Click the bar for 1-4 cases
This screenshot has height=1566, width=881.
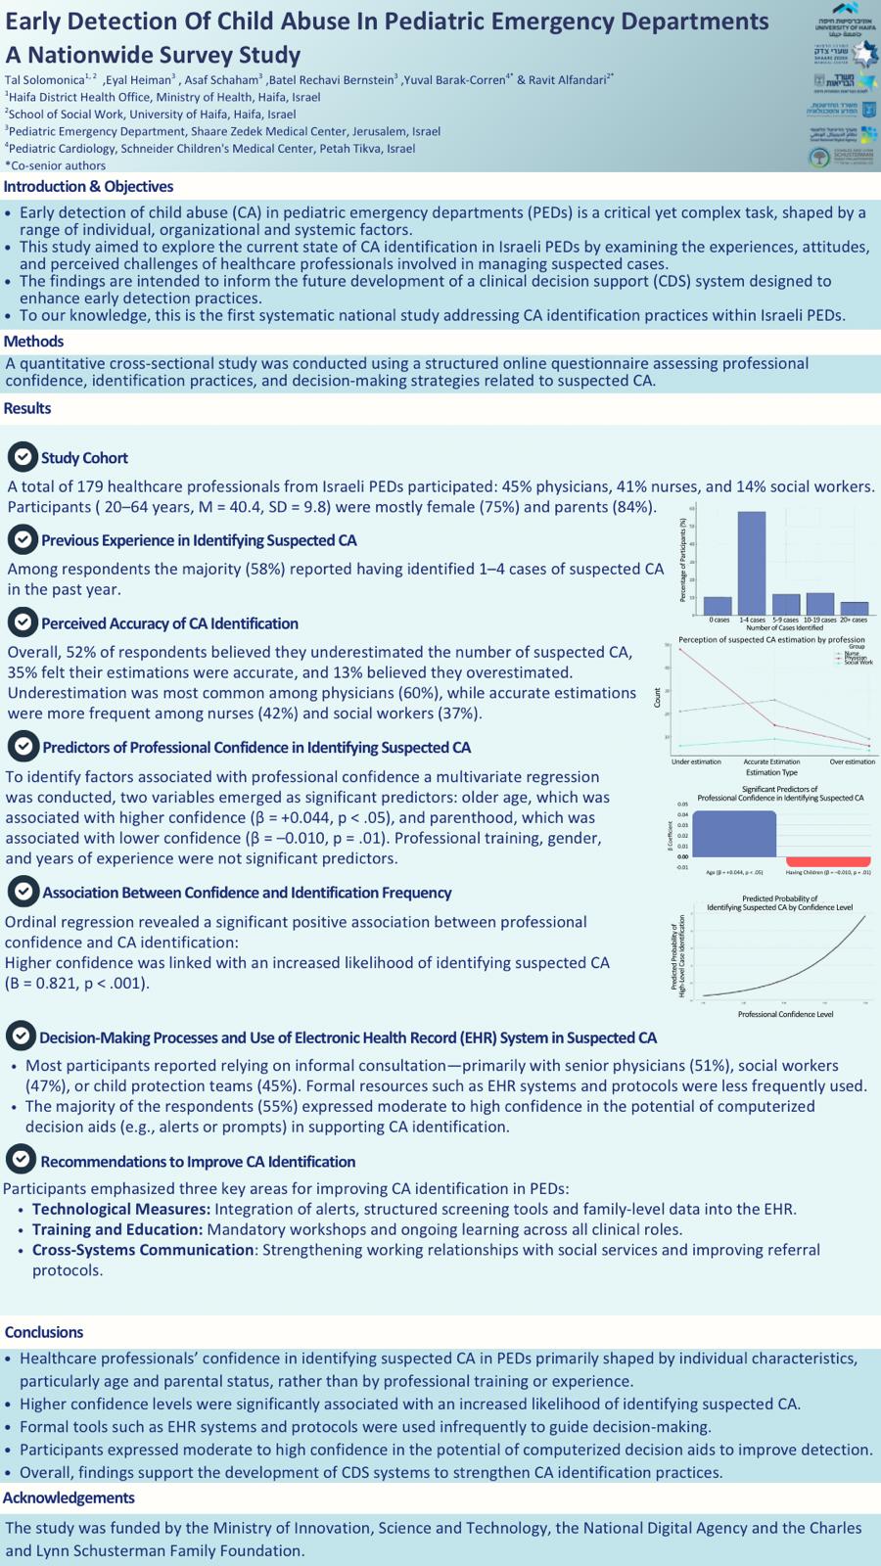point(751,562)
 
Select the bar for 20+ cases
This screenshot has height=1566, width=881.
point(855,608)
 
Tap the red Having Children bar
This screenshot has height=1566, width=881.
point(828,861)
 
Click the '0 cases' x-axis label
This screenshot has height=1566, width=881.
point(719,620)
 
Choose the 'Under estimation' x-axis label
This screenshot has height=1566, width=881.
point(696,761)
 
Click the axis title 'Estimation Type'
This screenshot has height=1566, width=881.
point(771,772)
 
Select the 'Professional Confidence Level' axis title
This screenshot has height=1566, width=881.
point(785,1014)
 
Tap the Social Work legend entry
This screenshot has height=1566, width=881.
point(858,663)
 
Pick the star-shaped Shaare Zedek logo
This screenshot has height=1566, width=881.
point(864,53)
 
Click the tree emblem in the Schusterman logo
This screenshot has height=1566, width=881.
point(819,158)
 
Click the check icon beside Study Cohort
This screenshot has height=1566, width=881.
point(22,456)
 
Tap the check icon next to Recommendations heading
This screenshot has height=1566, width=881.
point(20,1160)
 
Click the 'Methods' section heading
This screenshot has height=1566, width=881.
point(33,342)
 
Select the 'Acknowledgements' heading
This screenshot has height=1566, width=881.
point(69,1497)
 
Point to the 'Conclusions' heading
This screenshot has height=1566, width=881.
point(44,1332)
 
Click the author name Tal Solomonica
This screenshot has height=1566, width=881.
point(44,79)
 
